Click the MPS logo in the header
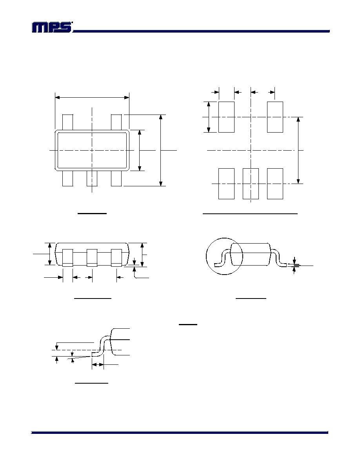point(52,27)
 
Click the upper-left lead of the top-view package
point(67,122)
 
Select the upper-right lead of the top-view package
point(116,122)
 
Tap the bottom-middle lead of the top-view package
point(92,178)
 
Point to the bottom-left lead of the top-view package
point(67,178)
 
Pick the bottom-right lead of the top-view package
point(116,178)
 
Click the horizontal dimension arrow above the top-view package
point(92,97)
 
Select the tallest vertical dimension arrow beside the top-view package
point(161,150)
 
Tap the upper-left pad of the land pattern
point(226,117)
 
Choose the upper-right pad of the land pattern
point(275,117)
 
